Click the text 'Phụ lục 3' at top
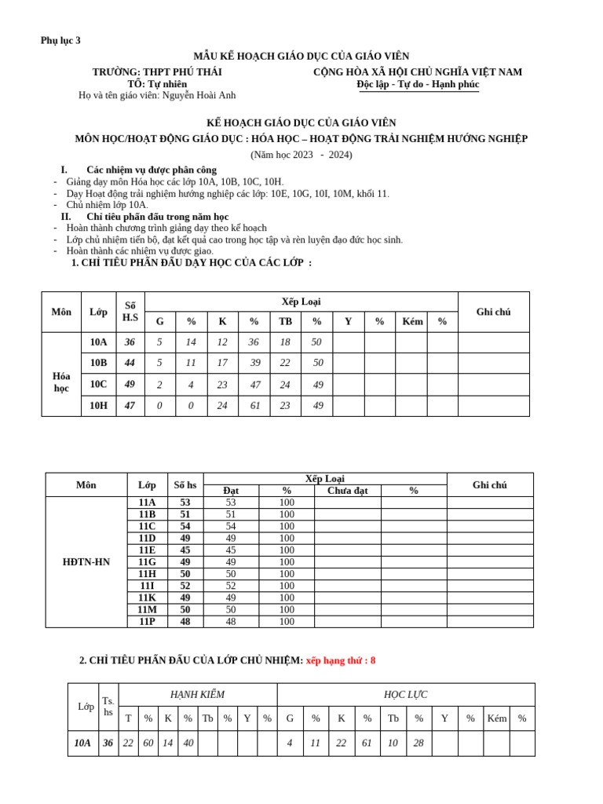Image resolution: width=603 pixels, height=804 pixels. [x=60, y=41]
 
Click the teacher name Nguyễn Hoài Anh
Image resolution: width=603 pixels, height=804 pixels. [x=199, y=95]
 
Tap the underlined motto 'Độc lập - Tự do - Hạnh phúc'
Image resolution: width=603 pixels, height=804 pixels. [x=418, y=84]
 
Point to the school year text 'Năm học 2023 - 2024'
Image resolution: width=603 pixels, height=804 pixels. [x=301, y=155]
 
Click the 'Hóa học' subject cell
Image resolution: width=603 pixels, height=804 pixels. [x=61, y=382]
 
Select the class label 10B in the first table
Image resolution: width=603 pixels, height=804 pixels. [x=98, y=363]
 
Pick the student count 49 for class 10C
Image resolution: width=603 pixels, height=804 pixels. [x=130, y=385]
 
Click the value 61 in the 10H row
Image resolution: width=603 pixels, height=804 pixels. [x=254, y=406]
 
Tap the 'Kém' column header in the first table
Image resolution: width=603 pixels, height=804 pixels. [x=412, y=322]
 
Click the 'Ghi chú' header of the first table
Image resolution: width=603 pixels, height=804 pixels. [x=493, y=312]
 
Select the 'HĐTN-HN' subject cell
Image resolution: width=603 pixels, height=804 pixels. [x=86, y=562]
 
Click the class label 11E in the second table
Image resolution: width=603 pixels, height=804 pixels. [x=147, y=550]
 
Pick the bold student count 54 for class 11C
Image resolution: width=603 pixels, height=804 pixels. [x=185, y=527]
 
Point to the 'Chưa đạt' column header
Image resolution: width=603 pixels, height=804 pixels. [x=347, y=491]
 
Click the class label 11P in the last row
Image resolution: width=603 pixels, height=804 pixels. [x=147, y=622]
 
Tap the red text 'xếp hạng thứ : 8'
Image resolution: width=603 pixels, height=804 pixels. [x=341, y=660]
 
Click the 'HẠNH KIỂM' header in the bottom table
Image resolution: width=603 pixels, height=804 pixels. [x=197, y=695]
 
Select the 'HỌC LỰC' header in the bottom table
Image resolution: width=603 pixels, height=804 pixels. [x=405, y=695]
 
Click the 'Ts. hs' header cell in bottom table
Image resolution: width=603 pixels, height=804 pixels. [x=108, y=707]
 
